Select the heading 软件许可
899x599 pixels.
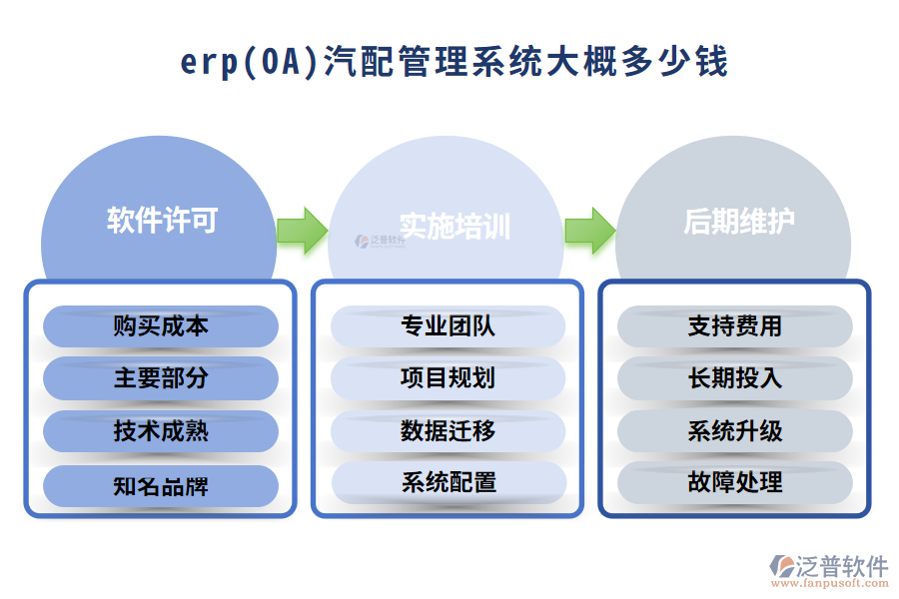click(162, 221)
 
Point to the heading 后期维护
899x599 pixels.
click(739, 221)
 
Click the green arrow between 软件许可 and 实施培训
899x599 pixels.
click(302, 231)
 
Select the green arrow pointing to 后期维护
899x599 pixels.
click(589, 231)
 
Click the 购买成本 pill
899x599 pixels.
click(161, 326)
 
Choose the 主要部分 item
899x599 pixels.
click(161, 378)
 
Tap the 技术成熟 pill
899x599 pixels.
click(161, 431)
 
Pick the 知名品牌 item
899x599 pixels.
click(161, 485)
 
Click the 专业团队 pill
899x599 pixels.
click(448, 326)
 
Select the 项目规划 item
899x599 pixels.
click(448, 378)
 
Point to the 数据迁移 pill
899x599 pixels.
click(448, 431)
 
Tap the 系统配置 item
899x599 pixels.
click(448, 483)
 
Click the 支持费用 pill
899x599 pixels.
click(735, 326)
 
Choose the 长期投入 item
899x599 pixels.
click(735, 378)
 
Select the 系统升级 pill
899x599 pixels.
click(735, 431)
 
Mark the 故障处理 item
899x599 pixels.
click(735, 483)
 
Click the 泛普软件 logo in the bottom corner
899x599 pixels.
click(828, 570)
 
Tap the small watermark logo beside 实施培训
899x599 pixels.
click(380, 241)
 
